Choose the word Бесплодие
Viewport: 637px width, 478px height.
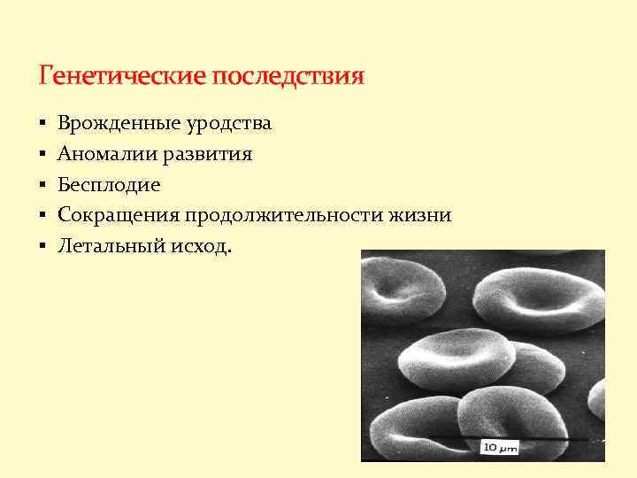pos(109,185)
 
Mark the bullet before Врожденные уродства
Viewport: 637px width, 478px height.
pos(42,124)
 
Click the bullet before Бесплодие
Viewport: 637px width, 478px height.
pos(42,186)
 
